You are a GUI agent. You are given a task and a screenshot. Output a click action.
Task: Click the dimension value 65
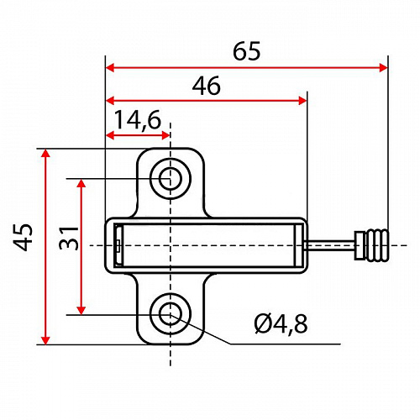pos(246,51)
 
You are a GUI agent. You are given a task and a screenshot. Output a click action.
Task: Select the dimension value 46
pos(207,86)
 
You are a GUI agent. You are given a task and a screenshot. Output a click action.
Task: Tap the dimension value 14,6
pos(138,120)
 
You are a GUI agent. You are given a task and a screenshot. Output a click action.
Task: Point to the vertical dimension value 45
pos(24,237)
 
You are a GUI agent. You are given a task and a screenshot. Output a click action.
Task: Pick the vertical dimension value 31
pos(69,238)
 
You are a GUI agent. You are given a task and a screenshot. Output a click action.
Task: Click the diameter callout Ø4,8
pos(281,324)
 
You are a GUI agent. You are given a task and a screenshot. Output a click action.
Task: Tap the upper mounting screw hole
pos(171,178)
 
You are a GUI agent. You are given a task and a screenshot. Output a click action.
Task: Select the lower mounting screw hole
pos(171,314)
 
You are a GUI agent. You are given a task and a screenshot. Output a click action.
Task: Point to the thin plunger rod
pos(331,245)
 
